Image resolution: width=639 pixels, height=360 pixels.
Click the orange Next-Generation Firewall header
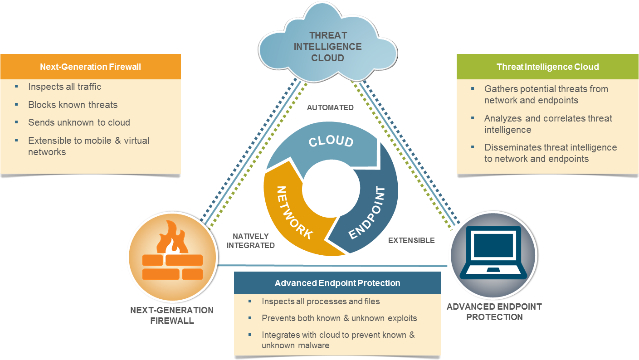90,67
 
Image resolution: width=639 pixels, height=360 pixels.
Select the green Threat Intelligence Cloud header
547,67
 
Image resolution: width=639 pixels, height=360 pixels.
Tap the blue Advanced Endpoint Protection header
337,283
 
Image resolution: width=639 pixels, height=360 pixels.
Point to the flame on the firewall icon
172,238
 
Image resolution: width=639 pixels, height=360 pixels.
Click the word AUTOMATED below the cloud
330,108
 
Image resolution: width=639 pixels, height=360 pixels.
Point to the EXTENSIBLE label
411,240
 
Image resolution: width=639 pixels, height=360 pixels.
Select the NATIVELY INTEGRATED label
250,241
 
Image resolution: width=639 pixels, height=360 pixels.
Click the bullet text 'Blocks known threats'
73,105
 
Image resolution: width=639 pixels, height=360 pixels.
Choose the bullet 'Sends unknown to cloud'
79,122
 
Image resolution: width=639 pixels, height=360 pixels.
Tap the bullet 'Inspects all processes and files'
321,301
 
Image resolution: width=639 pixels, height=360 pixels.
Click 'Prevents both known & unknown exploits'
339,318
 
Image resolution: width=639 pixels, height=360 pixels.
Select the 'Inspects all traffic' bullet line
64,87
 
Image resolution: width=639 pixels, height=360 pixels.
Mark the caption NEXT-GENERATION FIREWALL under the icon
171,315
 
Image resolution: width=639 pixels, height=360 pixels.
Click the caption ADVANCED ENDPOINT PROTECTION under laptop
494,311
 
